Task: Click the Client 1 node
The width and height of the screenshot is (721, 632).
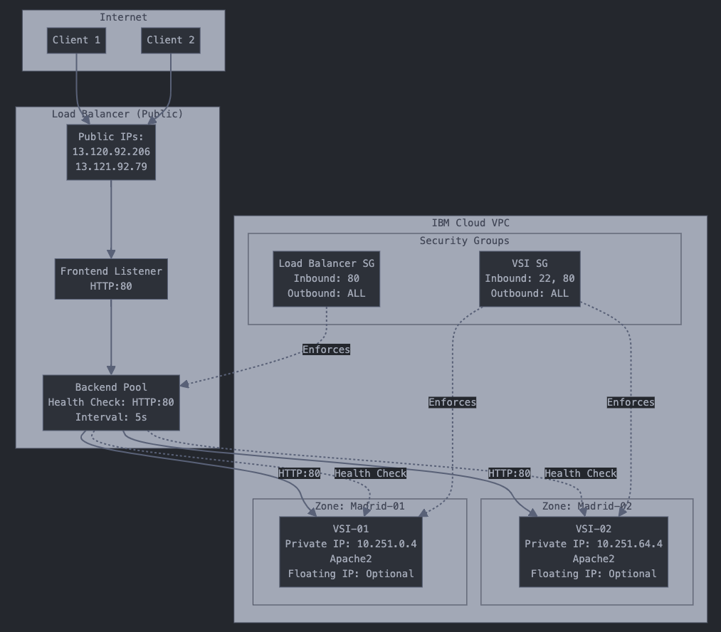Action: coord(76,41)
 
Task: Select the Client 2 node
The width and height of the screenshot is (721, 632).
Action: coord(171,41)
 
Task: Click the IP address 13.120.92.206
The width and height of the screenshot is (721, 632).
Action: coord(111,152)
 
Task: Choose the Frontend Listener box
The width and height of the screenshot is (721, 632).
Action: coord(111,279)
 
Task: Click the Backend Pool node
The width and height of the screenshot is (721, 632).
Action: coord(111,402)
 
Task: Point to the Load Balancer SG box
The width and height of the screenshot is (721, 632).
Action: coord(326,278)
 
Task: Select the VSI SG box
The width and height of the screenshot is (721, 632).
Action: coord(530,278)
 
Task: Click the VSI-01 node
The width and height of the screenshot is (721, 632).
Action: coord(350,552)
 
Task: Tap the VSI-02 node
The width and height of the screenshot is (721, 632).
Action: coord(594,552)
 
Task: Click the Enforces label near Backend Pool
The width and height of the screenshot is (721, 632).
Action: coord(326,349)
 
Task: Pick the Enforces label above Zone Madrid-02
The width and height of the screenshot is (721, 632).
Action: coord(630,402)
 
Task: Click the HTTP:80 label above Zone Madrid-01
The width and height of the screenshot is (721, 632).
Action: coord(299,473)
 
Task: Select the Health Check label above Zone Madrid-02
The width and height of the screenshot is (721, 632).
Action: coord(580,473)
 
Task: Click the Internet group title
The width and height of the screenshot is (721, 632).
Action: coord(123,17)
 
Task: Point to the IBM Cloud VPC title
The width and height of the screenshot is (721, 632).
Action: coord(470,223)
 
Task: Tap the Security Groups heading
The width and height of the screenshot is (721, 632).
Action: coord(464,241)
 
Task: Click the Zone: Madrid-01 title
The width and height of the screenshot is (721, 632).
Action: coord(359,506)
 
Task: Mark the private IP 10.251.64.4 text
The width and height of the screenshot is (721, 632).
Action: coord(629,544)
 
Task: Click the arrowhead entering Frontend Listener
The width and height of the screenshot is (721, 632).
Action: coord(111,253)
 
